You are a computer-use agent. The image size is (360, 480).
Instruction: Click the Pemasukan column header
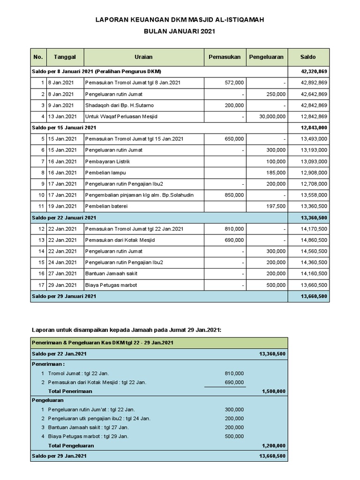point(224,57)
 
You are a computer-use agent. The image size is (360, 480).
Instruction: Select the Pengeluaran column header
point(266,57)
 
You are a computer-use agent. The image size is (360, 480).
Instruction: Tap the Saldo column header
point(308,57)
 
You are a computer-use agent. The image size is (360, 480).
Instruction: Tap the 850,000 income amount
point(234,195)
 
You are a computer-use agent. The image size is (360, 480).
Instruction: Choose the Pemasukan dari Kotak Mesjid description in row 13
point(120,240)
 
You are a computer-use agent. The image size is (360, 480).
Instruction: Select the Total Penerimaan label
point(70,391)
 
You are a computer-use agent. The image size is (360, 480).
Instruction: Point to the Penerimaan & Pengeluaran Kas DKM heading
point(103,343)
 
